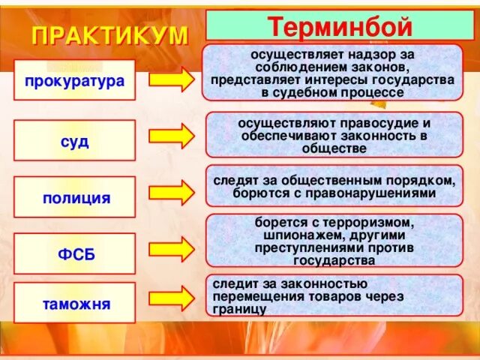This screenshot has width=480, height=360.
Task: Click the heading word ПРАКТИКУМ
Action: pos(109,34)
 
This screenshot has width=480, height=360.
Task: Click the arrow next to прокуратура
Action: pos(171,81)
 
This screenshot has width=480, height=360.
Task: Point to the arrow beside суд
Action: pos(171,136)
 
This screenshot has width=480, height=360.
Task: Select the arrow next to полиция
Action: pos(171,193)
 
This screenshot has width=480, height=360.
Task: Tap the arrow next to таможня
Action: pos(171,297)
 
